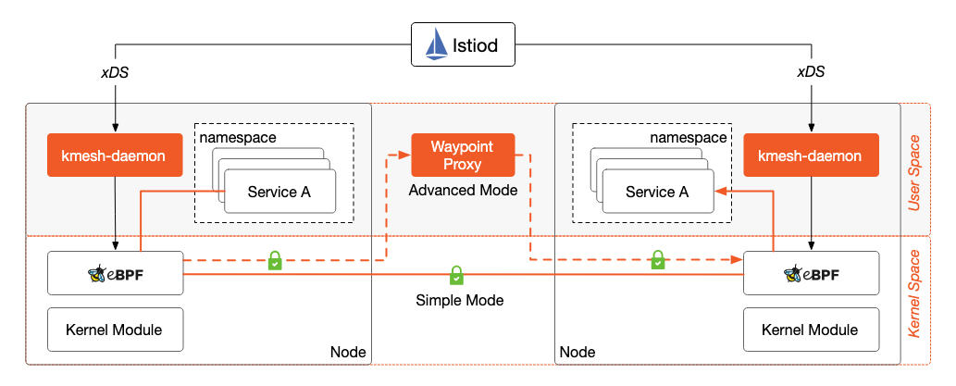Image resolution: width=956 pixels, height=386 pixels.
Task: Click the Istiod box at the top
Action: pyautogui.click(x=464, y=45)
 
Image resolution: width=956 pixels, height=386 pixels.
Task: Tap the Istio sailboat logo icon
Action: pyautogui.click(x=436, y=45)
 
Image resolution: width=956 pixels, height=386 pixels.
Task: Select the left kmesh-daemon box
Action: pyautogui.click(x=114, y=156)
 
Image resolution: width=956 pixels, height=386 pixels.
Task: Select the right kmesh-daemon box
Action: pyautogui.click(x=811, y=156)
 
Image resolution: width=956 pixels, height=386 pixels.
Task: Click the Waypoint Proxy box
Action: pyautogui.click(x=462, y=156)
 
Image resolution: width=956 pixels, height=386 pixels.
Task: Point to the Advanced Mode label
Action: pyautogui.click(x=463, y=190)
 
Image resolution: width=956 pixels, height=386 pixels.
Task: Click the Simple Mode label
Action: pyautogui.click(x=459, y=301)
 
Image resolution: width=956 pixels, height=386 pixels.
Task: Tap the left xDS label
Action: pyautogui.click(x=114, y=71)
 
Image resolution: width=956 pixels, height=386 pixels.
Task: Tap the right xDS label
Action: pyautogui.click(x=812, y=71)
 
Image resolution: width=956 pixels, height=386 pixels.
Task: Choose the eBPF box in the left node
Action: pyautogui.click(x=115, y=273)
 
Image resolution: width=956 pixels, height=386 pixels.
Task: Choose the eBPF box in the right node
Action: pyautogui.click(x=811, y=273)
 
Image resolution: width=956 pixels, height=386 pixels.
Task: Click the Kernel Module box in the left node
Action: pyautogui.click(x=115, y=329)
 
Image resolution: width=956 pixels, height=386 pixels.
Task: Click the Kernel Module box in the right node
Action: pyautogui.click(x=811, y=329)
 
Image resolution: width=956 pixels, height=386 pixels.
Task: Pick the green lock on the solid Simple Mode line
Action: pyautogui.click(x=456, y=275)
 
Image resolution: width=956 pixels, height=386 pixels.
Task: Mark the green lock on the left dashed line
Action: pyautogui.click(x=275, y=261)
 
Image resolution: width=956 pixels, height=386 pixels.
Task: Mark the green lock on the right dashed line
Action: pyautogui.click(x=657, y=261)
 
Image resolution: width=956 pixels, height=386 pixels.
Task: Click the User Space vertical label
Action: pyautogui.click(x=915, y=172)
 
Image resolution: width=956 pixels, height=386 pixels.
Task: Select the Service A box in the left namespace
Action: pyautogui.click(x=279, y=192)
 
